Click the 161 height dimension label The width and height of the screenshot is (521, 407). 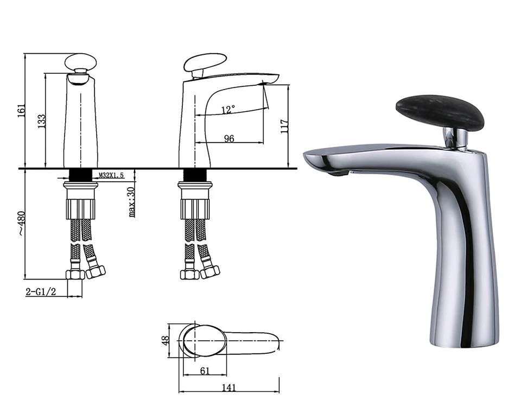[21, 111]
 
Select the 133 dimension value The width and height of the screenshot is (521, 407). [41, 122]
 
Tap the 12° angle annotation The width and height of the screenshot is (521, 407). [228, 109]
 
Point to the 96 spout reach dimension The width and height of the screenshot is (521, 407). [229, 138]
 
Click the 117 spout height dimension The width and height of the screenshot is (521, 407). [284, 126]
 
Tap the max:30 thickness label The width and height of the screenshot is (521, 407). [131, 202]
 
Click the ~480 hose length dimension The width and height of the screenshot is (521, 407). [22, 223]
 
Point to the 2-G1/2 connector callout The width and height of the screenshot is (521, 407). [41, 292]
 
